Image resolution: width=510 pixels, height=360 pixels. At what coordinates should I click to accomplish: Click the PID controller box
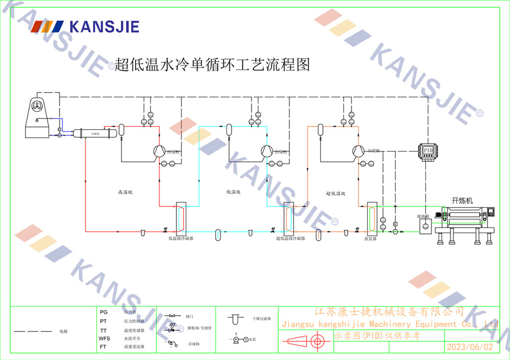(427, 151)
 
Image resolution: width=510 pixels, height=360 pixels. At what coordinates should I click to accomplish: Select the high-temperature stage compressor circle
(159, 151)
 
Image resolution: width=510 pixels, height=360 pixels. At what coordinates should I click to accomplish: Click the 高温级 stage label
(125, 193)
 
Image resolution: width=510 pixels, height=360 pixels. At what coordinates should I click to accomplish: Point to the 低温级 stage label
(233, 193)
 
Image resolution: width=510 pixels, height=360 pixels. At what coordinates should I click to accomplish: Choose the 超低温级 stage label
(336, 194)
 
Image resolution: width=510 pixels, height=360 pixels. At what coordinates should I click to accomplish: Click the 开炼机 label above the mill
(463, 201)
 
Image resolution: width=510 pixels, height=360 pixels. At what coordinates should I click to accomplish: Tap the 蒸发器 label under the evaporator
(370, 238)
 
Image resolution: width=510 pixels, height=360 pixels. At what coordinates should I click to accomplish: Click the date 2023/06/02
(470, 347)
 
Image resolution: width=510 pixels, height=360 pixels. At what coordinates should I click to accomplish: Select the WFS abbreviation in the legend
(104, 339)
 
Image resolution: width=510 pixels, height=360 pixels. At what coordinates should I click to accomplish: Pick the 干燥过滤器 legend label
(261, 319)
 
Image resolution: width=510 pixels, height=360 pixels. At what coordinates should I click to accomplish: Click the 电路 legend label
(63, 331)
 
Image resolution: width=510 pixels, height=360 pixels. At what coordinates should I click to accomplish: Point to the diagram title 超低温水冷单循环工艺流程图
(212, 65)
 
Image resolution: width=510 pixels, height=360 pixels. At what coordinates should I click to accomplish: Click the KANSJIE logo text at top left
(104, 27)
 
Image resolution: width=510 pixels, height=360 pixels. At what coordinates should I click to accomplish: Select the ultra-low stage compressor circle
(358, 151)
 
